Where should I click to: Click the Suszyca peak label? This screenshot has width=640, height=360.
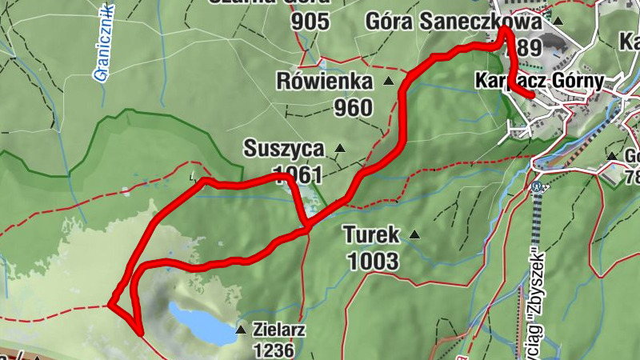[285, 149]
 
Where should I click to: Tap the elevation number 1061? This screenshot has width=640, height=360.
[298, 174]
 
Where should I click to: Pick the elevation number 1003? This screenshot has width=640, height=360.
[373, 260]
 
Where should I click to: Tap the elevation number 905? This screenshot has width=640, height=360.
[310, 22]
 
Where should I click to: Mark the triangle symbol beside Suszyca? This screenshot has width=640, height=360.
[340, 148]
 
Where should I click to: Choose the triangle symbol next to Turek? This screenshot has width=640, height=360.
[414, 235]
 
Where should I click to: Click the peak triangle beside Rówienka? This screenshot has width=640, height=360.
[389, 82]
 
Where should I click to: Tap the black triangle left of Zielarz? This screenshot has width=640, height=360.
[240, 329]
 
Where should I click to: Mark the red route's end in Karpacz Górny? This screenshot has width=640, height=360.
[531, 95]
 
